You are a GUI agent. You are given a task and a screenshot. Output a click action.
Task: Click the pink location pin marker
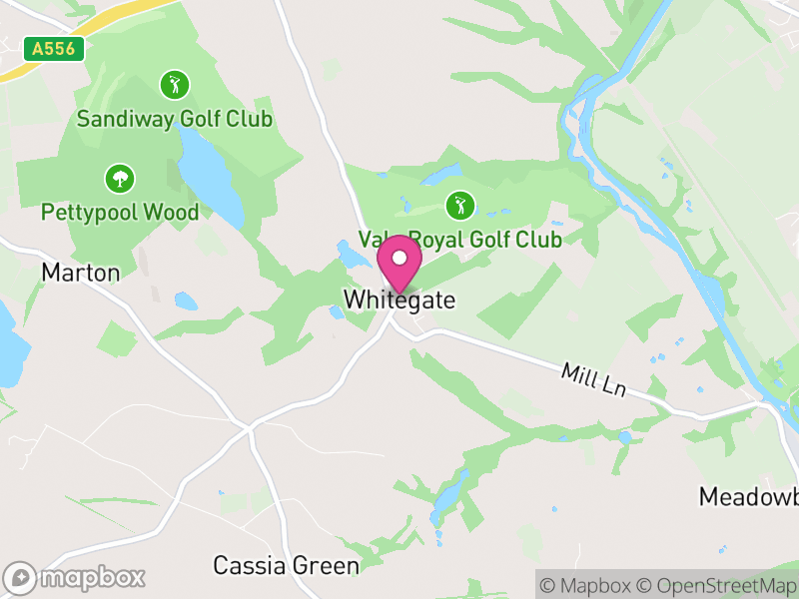click(x=399, y=262)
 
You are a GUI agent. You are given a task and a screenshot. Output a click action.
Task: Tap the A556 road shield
click(x=53, y=49)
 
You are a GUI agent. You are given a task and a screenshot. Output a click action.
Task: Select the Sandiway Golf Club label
click(x=176, y=119)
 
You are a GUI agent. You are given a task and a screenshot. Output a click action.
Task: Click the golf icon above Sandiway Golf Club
click(x=175, y=84)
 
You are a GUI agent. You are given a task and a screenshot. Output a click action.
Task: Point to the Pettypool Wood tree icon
click(x=120, y=180)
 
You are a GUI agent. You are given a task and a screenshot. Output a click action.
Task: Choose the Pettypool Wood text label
click(x=120, y=212)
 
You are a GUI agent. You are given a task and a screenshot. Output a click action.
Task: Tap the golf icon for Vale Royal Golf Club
click(x=459, y=206)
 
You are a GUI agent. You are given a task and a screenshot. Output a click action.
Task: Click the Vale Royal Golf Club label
click(x=460, y=241)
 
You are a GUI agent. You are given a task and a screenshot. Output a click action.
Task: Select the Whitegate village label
click(x=399, y=299)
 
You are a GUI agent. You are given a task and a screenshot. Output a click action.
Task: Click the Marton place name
click(x=80, y=273)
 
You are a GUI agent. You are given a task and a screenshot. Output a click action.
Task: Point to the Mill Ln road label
click(x=593, y=380)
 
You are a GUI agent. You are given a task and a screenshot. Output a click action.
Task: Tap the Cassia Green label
click(x=286, y=566)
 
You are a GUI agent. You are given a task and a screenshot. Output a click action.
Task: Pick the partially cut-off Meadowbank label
click(x=748, y=496)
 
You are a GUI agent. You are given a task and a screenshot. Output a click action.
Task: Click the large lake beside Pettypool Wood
click(x=213, y=180)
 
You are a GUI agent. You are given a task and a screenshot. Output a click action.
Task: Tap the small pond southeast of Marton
click(x=186, y=300)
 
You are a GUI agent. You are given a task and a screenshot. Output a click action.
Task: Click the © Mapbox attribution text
click(x=590, y=585)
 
